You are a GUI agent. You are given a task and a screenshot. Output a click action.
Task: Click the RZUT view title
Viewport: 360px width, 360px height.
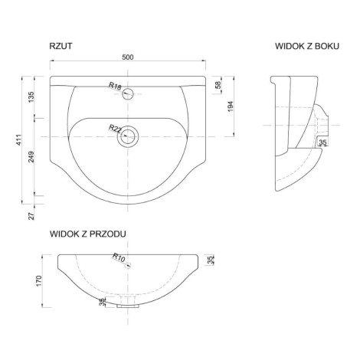tap(61, 46)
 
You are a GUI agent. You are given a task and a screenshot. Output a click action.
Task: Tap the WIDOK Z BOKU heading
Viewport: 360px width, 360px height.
tap(307, 46)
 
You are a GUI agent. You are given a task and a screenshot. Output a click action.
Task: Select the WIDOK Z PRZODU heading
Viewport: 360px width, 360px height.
tap(88, 234)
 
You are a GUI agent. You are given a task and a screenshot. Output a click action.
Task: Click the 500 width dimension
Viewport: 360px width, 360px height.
tap(128, 57)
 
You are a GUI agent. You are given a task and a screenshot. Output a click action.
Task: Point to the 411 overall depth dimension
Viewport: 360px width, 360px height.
tap(19, 140)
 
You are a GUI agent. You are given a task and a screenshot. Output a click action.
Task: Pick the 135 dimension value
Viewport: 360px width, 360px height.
tap(31, 97)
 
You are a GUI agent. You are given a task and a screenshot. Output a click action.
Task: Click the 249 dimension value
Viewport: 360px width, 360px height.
tap(31, 157)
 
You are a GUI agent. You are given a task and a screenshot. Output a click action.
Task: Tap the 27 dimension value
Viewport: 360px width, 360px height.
tap(31, 216)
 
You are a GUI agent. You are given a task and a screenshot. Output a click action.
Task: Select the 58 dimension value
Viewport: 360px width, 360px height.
tap(218, 85)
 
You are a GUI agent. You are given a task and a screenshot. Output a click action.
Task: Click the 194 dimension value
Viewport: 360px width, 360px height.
tap(231, 106)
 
